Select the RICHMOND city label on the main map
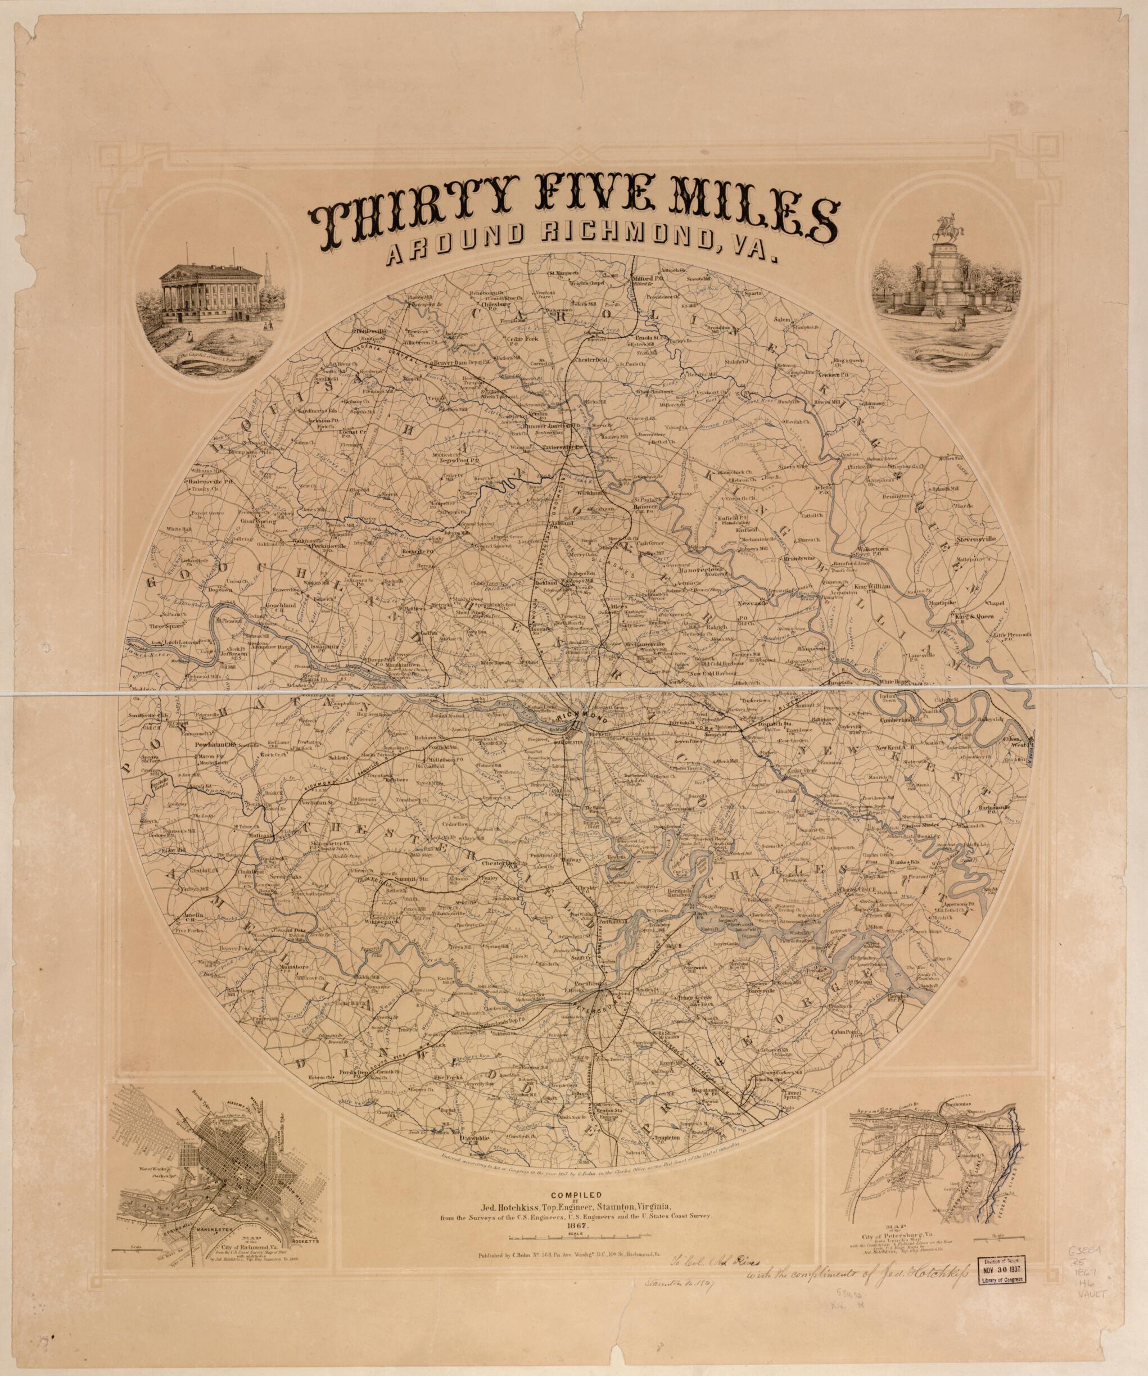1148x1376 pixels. pos(582,718)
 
